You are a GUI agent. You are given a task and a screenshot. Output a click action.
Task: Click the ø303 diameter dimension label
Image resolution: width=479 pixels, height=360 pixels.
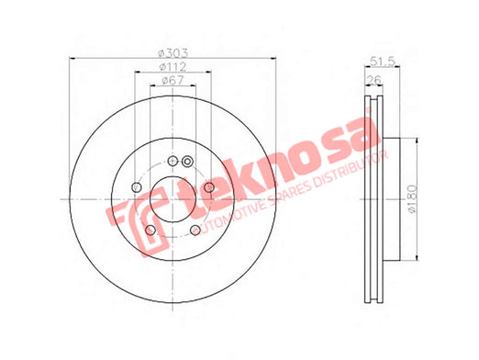click(x=173, y=53)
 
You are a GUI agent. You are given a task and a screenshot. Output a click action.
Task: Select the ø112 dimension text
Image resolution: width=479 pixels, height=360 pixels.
click(x=173, y=66)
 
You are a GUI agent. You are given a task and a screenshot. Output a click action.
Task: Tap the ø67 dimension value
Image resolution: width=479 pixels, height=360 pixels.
click(x=173, y=80)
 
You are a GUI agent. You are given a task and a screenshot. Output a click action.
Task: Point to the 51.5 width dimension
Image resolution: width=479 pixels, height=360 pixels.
click(x=383, y=62)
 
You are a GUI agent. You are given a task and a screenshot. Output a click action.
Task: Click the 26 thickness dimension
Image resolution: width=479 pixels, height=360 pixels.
click(x=374, y=80)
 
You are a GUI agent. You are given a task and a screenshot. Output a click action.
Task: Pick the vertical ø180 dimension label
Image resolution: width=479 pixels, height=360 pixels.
click(x=412, y=199)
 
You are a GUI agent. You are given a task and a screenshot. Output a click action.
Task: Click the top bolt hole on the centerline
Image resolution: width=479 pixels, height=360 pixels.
click(x=173, y=161)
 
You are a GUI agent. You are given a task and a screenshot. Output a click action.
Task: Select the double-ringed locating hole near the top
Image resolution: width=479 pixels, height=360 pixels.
click(x=187, y=162)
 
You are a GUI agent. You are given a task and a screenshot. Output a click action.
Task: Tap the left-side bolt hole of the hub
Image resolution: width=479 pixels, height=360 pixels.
click(x=137, y=186)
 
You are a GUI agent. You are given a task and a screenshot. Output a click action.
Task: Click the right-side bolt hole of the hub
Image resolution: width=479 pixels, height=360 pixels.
click(x=209, y=187)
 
